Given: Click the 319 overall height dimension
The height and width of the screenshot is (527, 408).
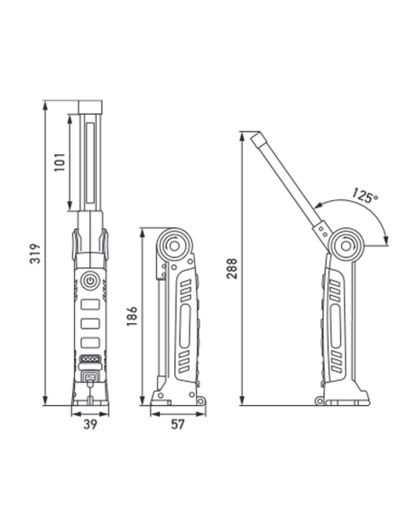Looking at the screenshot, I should pos(32,253).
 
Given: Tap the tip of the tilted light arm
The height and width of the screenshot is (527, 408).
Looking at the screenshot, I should pos(255,136).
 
